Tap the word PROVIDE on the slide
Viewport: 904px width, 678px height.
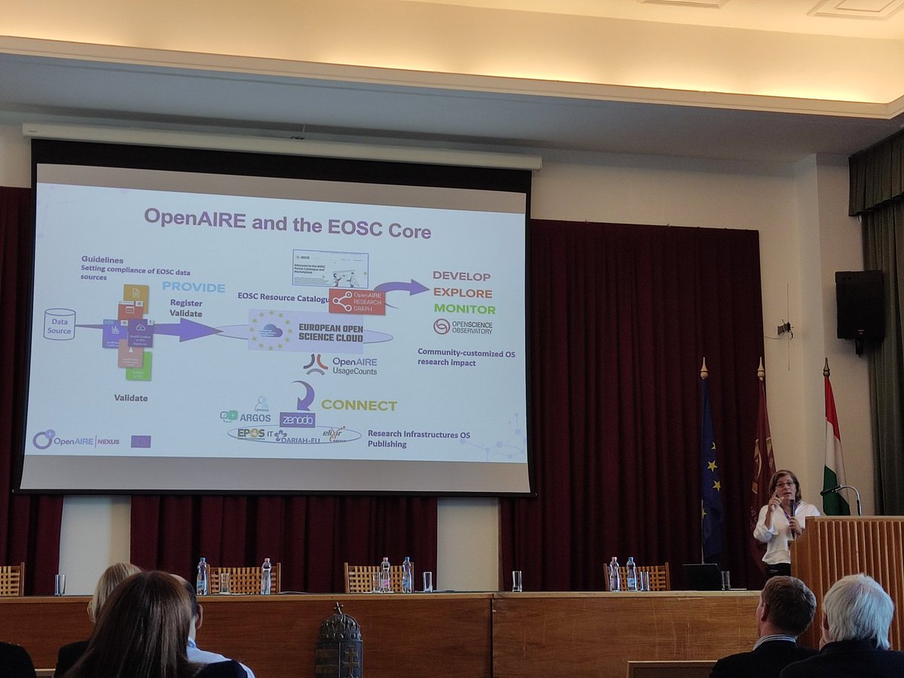(194, 287)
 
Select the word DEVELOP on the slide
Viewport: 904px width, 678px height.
(461, 276)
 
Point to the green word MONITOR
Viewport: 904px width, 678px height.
(464, 309)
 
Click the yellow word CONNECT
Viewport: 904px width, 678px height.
(359, 405)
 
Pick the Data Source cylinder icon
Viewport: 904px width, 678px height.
(59, 324)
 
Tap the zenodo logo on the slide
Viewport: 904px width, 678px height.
(298, 420)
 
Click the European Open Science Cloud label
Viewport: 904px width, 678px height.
(330, 331)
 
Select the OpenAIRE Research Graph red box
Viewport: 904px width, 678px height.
(356, 301)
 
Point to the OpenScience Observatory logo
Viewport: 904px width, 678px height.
(463, 326)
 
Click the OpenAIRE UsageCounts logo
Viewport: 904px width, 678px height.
(341, 365)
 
